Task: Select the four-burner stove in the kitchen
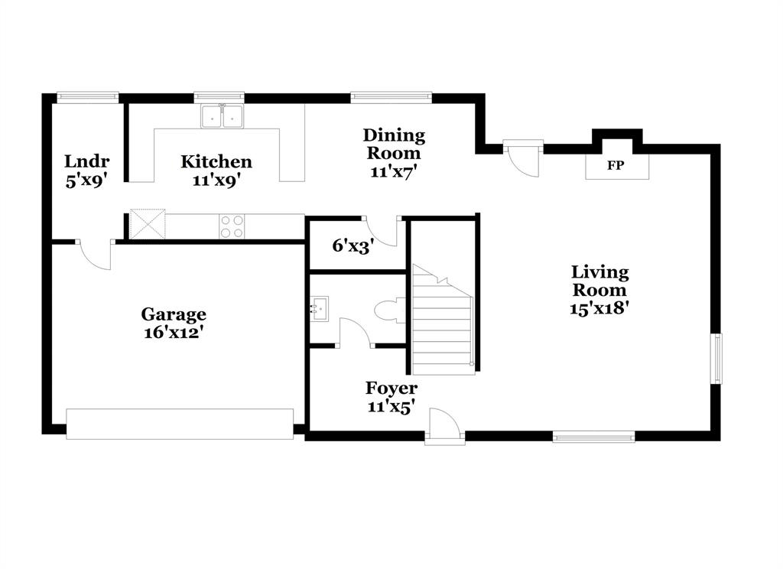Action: (232, 226)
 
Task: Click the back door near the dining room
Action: (525, 158)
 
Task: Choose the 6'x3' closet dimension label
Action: (353, 247)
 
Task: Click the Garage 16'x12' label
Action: (174, 323)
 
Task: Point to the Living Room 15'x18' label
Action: (600, 290)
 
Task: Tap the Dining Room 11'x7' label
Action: (394, 153)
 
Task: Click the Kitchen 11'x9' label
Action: (216, 171)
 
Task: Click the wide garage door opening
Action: (180, 424)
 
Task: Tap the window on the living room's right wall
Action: (716, 358)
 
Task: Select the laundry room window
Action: (88, 97)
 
